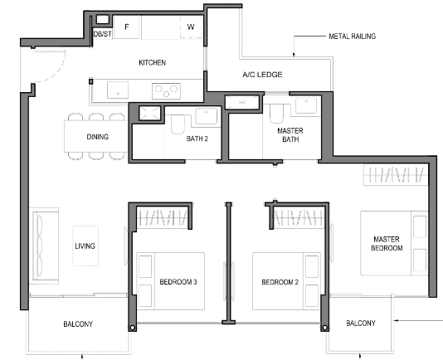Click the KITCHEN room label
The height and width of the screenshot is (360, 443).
point(152,62)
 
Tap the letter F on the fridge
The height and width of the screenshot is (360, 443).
point(127,27)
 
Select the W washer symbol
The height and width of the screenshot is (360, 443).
point(191,27)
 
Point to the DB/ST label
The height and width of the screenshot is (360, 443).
point(102,34)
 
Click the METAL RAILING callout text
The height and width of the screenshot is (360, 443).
point(353,36)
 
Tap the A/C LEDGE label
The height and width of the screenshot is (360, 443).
point(262,75)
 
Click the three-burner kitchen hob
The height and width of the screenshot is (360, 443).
point(166,91)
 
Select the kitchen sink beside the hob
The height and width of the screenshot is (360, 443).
point(118,90)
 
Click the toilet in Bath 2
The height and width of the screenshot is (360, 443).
point(178,124)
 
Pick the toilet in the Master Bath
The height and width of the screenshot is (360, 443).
point(276,114)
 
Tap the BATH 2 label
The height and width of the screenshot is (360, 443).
point(197,139)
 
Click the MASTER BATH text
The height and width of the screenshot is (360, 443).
point(290,135)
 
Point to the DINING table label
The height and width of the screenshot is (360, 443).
point(97,137)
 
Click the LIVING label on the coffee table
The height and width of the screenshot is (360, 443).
point(85,246)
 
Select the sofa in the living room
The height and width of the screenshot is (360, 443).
point(44,246)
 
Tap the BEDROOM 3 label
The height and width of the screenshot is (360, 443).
point(178,282)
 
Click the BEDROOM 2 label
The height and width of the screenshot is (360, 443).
point(280,282)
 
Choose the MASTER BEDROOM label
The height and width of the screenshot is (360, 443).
point(387,244)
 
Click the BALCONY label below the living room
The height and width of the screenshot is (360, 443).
point(78,324)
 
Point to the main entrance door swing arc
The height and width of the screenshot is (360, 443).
point(58,74)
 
